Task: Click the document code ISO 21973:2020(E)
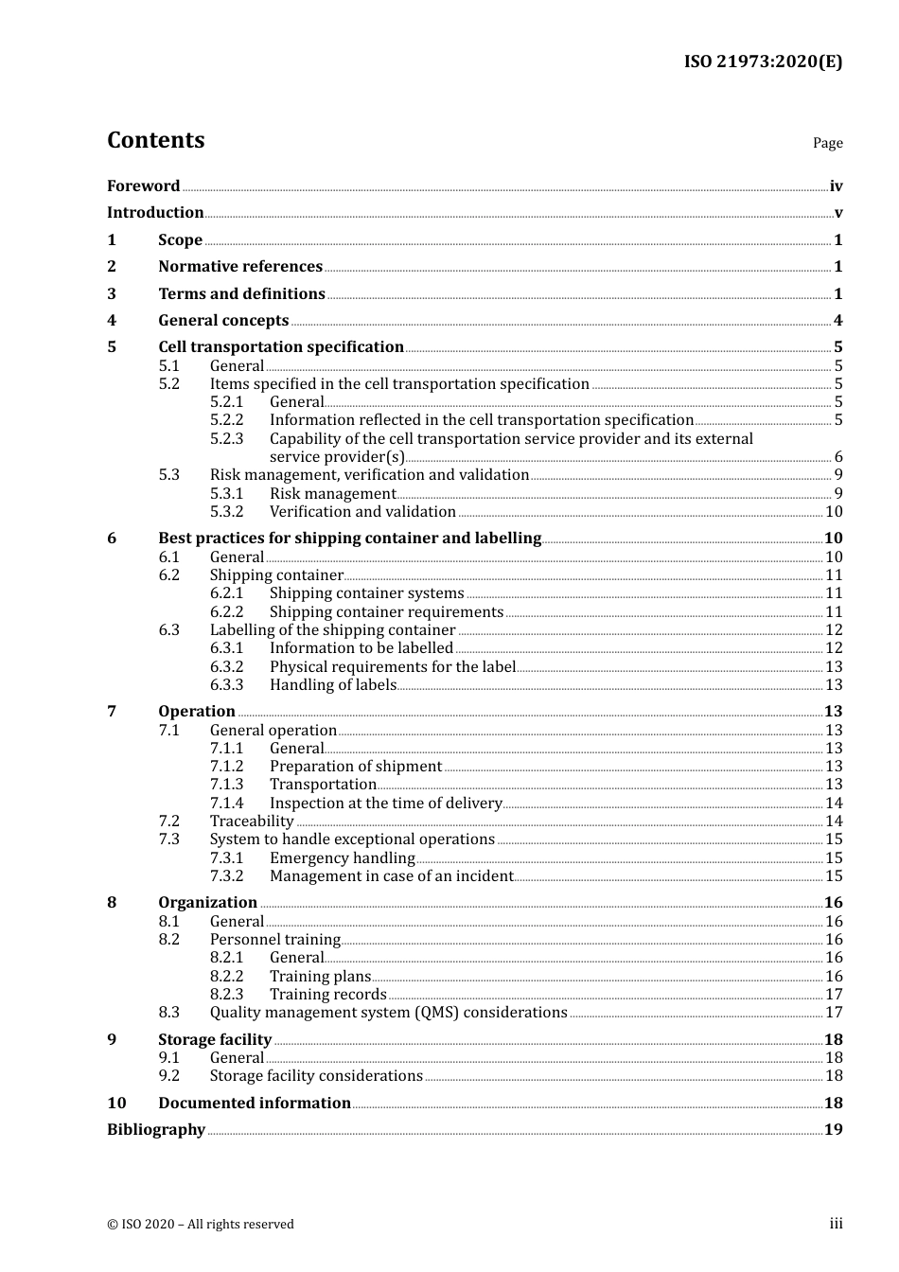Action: click(763, 62)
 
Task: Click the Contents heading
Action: click(155, 140)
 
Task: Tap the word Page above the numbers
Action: click(827, 143)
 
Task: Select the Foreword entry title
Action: click(143, 186)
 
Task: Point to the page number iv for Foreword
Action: click(836, 186)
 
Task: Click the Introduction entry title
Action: click(155, 213)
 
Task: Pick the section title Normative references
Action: click(240, 267)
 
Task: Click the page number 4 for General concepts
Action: click(837, 321)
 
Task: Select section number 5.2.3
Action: click(226, 439)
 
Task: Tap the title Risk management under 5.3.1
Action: click(332, 494)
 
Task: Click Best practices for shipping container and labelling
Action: click(349, 539)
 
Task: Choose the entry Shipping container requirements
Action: click(386, 612)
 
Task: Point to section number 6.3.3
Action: click(226, 685)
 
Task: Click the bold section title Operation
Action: click(197, 712)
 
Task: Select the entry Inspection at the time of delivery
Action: click(385, 804)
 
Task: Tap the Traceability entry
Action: click(252, 821)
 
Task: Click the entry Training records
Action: click(327, 995)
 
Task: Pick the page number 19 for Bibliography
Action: click(833, 1130)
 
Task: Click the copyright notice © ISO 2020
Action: click(201, 1225)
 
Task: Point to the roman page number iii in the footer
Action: click(836, 1224)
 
